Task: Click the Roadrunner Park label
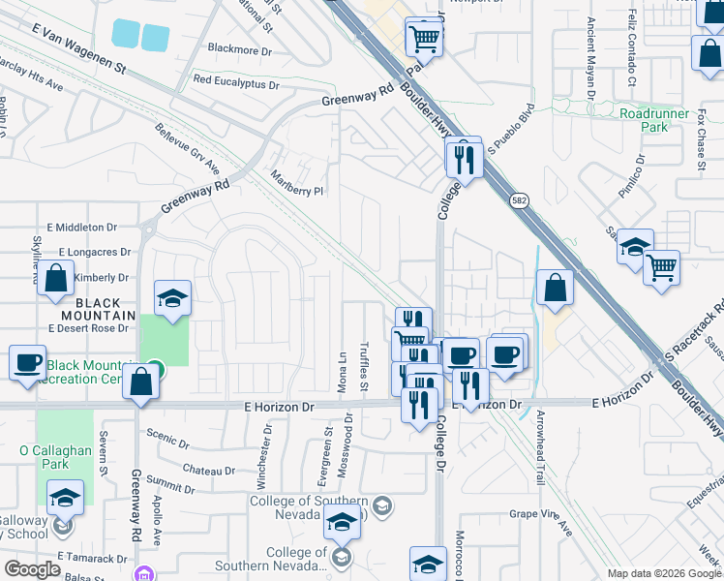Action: (x=644, y=119)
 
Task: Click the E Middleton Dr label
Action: (x=80, y=228)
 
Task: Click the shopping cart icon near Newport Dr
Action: (x=424, y=38)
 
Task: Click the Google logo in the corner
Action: (x=32, y=569)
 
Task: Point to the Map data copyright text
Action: (x=664, y=572)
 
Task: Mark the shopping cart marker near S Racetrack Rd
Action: (x=662, y=265)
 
